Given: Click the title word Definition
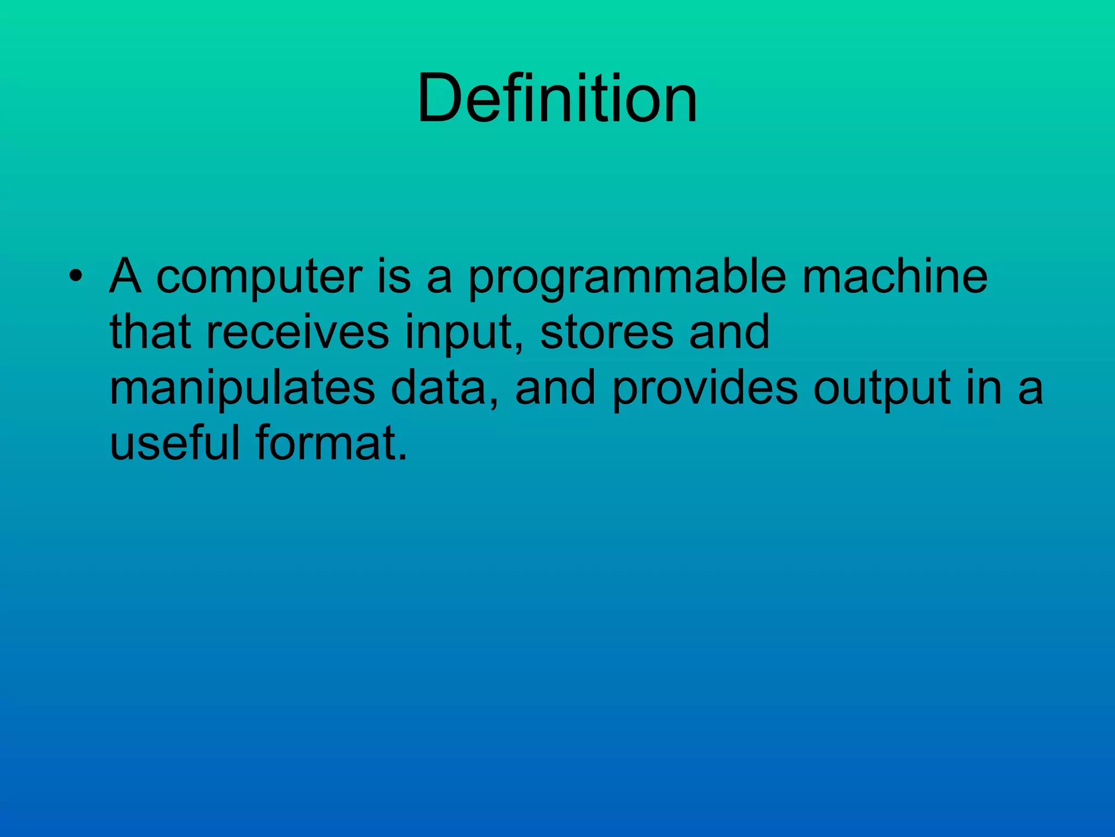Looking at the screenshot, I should coord(557,99).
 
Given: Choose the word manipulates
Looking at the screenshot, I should coord(242,389).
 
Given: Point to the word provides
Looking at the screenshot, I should coord(704,389).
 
